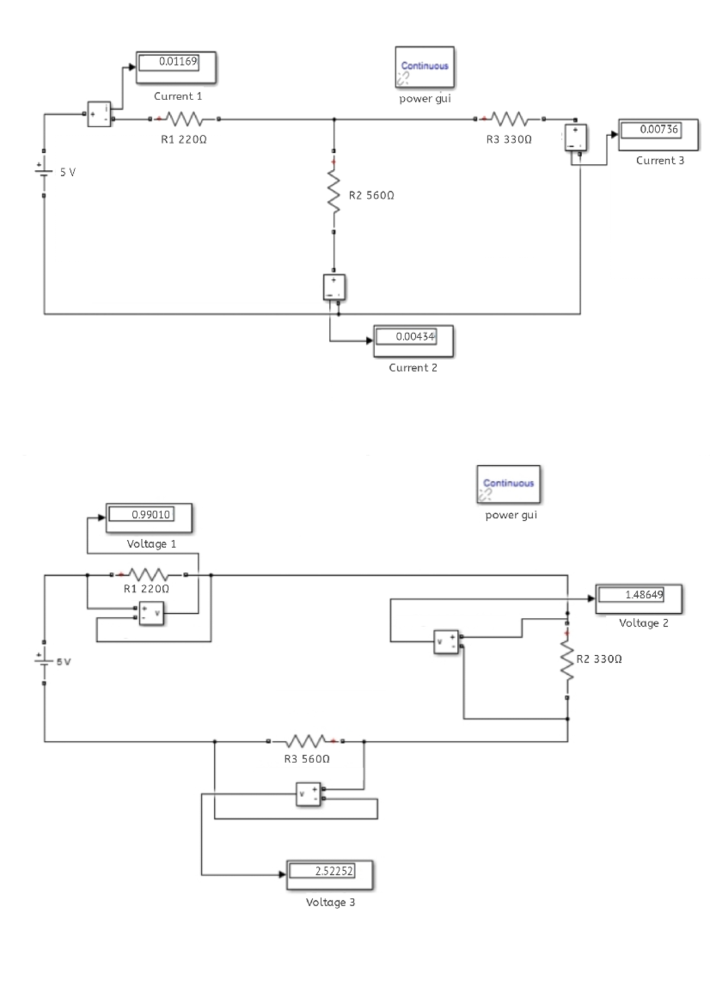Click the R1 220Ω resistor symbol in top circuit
coord(184,120)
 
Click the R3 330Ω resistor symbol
coord(509,120)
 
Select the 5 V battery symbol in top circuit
coord(44,172)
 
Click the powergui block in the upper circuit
coord(425,67)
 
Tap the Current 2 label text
coord(413,368)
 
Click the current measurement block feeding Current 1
coord(99,114)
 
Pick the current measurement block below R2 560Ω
coord(334,287)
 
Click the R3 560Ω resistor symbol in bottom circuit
coord(305,741)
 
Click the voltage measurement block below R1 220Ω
coord(151,613)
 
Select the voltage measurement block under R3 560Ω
coord(308,794)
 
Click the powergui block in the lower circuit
coord(508,484)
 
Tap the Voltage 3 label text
coord(330,902)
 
